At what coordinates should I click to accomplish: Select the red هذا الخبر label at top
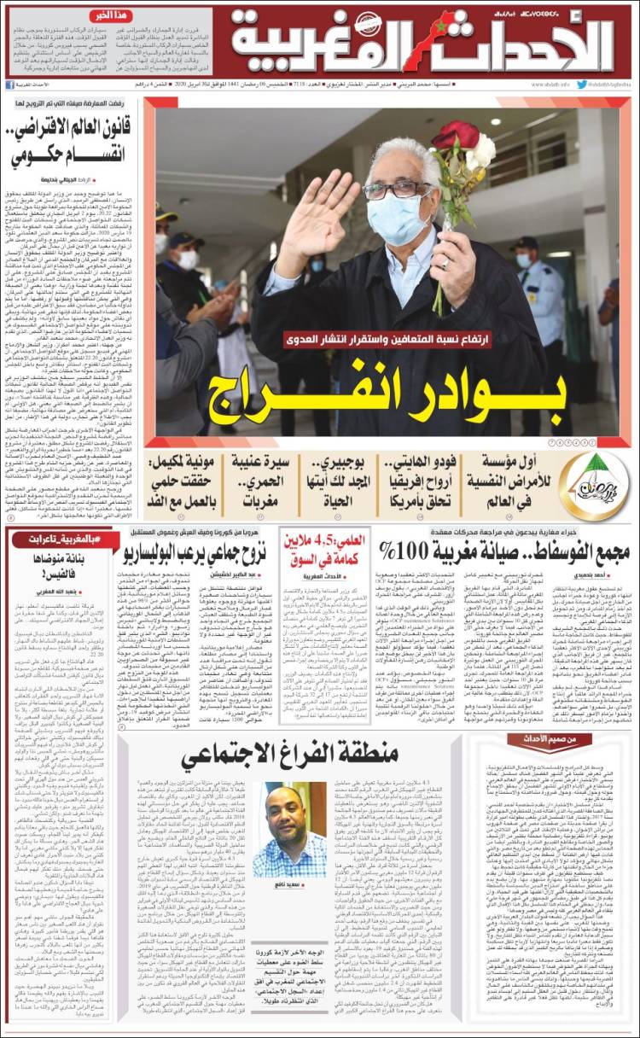click(x=111, y=15)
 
